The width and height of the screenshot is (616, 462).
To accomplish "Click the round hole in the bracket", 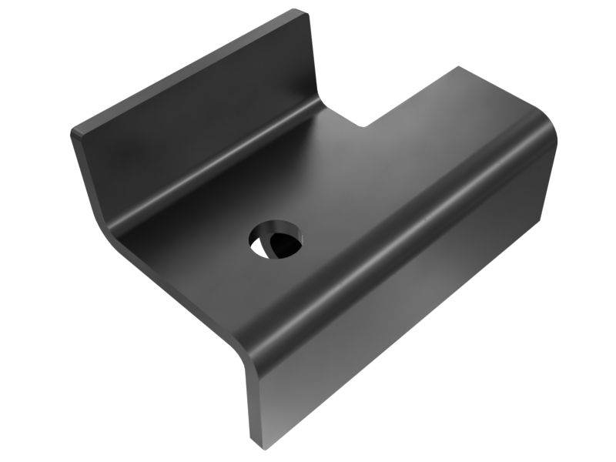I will pyautogui.click(x=276, y=239).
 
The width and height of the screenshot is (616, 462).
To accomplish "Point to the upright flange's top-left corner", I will pyautogui.click(x=75, y=132).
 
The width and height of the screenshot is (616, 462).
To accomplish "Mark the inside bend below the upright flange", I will pyautogui.click(x=216, y=166).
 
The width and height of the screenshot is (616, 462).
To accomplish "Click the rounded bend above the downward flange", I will pyautogui.click(x=400, y=246).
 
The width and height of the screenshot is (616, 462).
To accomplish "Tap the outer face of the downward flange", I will pyautogui.click(x=400, y=323).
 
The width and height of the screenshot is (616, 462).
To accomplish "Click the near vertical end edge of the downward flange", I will pyautogui.click(x=250, y=400).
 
